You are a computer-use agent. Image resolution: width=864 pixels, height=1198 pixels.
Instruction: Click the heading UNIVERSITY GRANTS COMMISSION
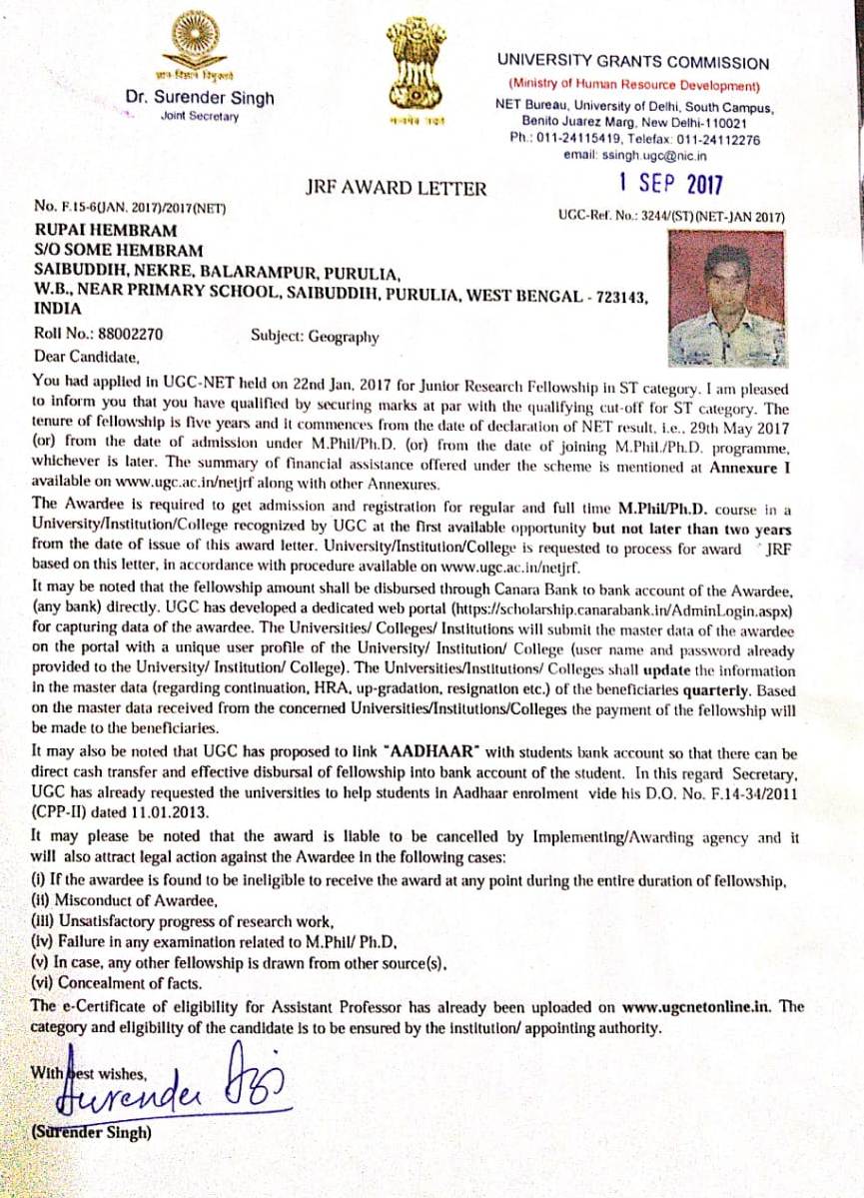[633, 62]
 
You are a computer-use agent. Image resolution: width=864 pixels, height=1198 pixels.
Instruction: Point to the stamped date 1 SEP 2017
[669, 184]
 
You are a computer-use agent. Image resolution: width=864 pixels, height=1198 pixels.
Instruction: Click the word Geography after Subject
[342, 337]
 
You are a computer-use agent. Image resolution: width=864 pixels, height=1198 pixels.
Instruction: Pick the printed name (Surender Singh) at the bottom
[92, 1133]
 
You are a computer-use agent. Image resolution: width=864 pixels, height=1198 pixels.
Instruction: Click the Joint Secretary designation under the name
[200, 117]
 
